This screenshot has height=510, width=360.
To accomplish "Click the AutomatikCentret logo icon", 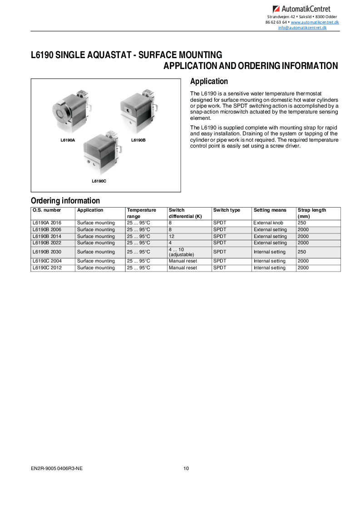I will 276,9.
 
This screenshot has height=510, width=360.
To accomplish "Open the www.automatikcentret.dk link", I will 315,22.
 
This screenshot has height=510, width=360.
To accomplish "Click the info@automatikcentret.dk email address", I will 302,28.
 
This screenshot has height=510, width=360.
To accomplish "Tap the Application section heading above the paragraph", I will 209,82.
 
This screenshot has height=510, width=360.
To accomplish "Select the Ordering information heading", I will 65,201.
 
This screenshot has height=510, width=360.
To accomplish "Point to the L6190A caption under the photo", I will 68,140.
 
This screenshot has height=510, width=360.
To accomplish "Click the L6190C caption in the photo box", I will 99,181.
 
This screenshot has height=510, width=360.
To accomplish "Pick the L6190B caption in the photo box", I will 138,140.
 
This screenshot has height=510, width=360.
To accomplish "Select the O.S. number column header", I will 47,210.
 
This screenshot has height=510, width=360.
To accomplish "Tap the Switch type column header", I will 227,210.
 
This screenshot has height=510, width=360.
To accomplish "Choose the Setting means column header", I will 270,210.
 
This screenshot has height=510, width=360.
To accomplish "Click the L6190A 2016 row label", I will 47,223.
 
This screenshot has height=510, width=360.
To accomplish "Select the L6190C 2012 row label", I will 47,268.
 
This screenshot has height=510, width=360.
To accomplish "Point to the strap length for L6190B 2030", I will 302,252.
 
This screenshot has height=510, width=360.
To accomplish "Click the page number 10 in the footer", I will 186,469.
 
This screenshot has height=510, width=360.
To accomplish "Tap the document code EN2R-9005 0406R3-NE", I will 57,469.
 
